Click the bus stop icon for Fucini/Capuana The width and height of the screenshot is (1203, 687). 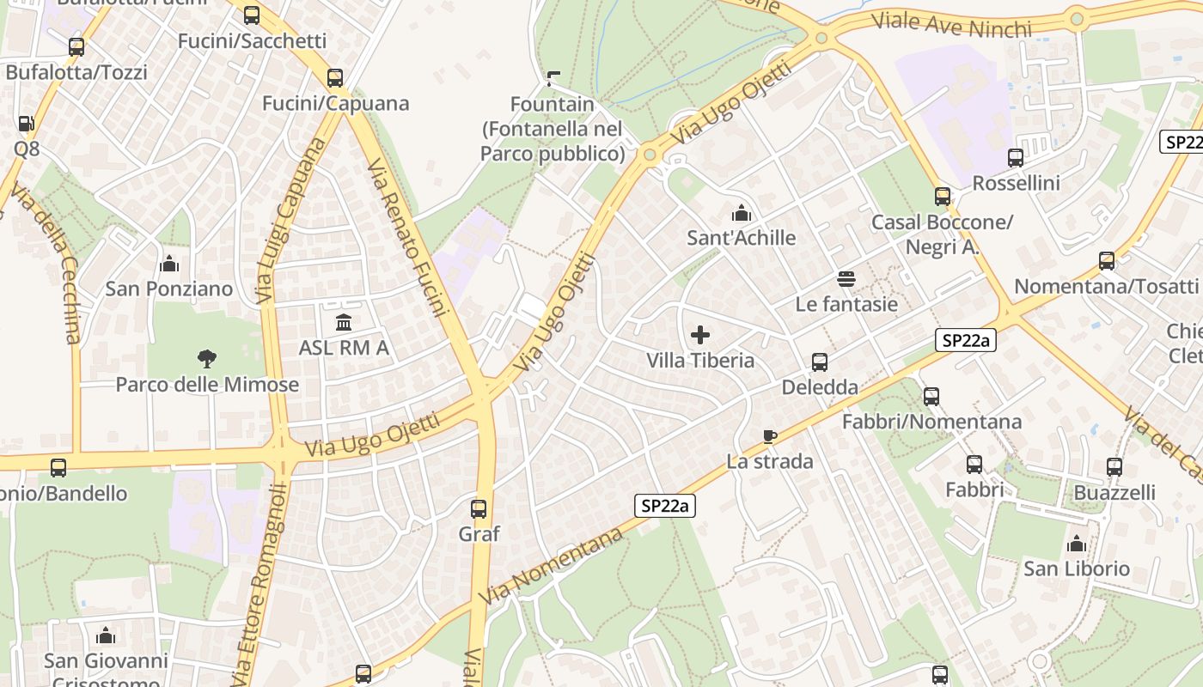pyautogui.click(x=335, y=78)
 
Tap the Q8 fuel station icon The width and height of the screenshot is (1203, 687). pyautogui.click(x=27, y=124)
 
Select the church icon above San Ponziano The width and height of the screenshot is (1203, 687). pyautogui.click(x=169, y=264)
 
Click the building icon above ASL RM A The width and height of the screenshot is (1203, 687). pyautogui.click(x=344, y=323)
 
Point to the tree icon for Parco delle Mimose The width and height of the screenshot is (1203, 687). pyautogui.click(x=207, y=358)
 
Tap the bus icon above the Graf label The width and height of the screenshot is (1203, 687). pyautogui.click(x=479, y=508)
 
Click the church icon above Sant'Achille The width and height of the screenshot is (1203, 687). pyautogui.click(x=741, y=212)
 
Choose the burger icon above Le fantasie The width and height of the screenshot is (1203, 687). pyautogui.click(x=846, y=278)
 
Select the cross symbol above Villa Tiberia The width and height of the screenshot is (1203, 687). pyautogui.click(x=700, y=334)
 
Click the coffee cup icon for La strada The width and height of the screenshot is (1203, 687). pyautogui.click(x=770, y=436)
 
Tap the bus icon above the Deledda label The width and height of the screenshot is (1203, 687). pyautogui.click(x=820, y=362)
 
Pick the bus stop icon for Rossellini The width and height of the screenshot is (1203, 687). pyautogui.click(x=1016, y=158)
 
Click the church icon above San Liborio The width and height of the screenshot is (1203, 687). pyautogui.click(x=1076, y=544)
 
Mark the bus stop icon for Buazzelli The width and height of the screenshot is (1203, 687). pyautogui.click(x=1114, y=467)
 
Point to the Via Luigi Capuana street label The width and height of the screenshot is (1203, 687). pyautogui.click(x=291, y=220)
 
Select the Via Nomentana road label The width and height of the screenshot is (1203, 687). pyautogui.click(x=551, y=567)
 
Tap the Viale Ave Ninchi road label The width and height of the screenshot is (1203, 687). pyautogui.click(x=951, y=26)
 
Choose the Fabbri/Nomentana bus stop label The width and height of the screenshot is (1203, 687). pyautogui.click(x=931, y=422)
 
